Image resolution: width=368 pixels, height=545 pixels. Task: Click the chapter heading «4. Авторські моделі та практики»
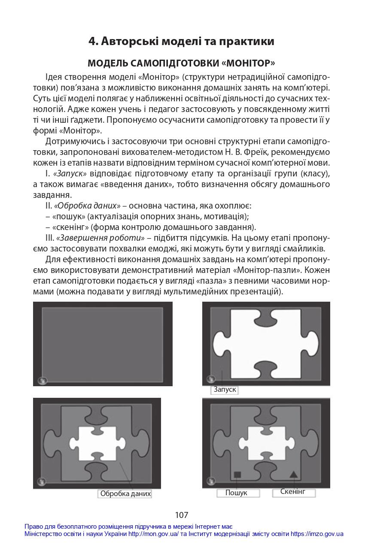(x=181, y=41)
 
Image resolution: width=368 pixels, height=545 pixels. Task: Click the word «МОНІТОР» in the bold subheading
(x=249, y=63)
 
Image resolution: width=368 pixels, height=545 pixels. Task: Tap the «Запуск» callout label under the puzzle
(x=225, y=389)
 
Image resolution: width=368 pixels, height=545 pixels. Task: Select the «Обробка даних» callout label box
(x=125, y=494)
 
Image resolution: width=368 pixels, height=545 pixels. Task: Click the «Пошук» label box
(x=238, y=493)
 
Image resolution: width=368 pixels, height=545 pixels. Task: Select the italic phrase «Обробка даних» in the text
(x=87, y=206)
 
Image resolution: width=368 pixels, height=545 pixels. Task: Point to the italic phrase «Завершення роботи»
(x=100, y=238)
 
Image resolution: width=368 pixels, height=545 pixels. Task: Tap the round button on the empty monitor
(x=42, y=381)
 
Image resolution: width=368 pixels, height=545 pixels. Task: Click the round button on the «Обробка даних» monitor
(x=41, y=481)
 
